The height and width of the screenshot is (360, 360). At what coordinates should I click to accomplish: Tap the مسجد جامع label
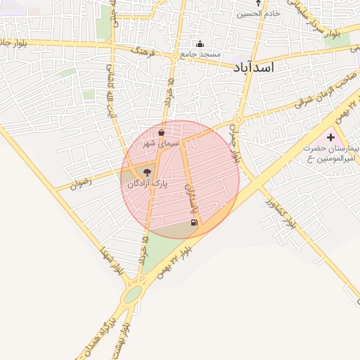[200, 54]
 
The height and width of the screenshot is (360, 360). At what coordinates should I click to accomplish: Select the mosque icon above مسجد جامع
[200, 44]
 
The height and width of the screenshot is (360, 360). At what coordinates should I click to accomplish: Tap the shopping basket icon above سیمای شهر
[162, 132]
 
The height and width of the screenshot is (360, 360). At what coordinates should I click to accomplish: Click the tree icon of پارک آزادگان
[147, 172]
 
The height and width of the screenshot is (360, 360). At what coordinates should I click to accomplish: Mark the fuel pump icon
[194, 223]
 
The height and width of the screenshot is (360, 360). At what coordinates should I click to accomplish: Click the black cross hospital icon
[331, 136]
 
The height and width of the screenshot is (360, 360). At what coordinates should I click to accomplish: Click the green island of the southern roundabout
[132, 295]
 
